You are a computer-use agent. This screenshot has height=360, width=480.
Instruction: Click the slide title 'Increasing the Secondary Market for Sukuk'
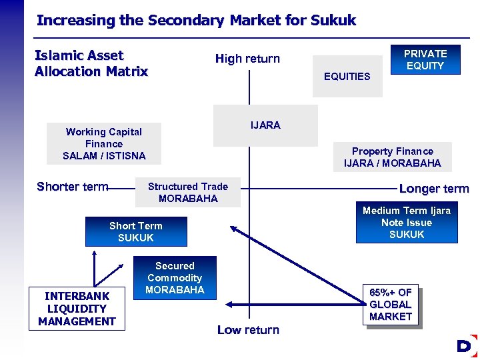[x=196, y=20]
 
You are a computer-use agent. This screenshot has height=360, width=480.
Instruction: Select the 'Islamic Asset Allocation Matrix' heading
[x=91, y=63]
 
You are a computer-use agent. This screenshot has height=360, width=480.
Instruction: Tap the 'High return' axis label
[x=247, y=59]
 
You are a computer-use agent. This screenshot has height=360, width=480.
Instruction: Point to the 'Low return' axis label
[x=248, y=330]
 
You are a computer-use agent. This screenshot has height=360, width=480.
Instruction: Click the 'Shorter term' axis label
[x=72, y=187]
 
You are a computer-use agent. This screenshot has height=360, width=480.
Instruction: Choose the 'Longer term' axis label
[x=434, y=189]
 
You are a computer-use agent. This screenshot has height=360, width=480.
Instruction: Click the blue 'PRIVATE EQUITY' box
[x=425, y=59]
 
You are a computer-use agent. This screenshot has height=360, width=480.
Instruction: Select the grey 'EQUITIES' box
[x=347, y=76]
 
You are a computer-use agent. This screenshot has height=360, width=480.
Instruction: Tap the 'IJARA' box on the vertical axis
[x=265, y=125]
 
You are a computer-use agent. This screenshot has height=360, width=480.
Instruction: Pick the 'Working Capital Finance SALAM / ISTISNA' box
[x=104, y=144]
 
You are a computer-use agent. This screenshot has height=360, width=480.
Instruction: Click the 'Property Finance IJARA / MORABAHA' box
[x=392, y=157]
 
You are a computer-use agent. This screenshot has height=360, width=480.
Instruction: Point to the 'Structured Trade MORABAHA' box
[x=188, y=193]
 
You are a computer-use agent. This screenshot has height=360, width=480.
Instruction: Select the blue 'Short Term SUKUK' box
[x=136, y=232]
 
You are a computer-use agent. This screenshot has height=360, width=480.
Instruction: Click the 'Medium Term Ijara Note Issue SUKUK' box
[x=407, y=223]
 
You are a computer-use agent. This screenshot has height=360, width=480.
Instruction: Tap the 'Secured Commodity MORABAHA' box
[x=175, y=278]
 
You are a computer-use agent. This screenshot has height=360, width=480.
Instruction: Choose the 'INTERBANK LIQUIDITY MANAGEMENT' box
[x=77, y=309]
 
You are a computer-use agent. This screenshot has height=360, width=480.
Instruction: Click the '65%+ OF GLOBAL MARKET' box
[x=391, y=305]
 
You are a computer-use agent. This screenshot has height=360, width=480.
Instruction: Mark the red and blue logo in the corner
[x=467, y=346]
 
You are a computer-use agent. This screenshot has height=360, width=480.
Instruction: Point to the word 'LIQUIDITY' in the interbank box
[x=77, y=309]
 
